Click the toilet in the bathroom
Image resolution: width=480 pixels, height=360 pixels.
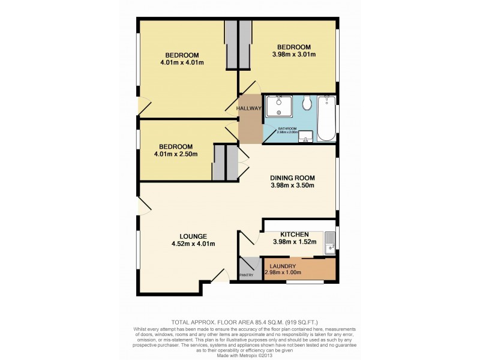308,104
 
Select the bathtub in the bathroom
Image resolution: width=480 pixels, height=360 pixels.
326,118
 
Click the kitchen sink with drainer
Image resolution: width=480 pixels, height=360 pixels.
329,242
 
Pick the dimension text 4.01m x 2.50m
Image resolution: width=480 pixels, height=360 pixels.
175,154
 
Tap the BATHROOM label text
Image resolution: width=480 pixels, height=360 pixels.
287,128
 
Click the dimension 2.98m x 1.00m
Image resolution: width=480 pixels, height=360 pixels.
283,273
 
